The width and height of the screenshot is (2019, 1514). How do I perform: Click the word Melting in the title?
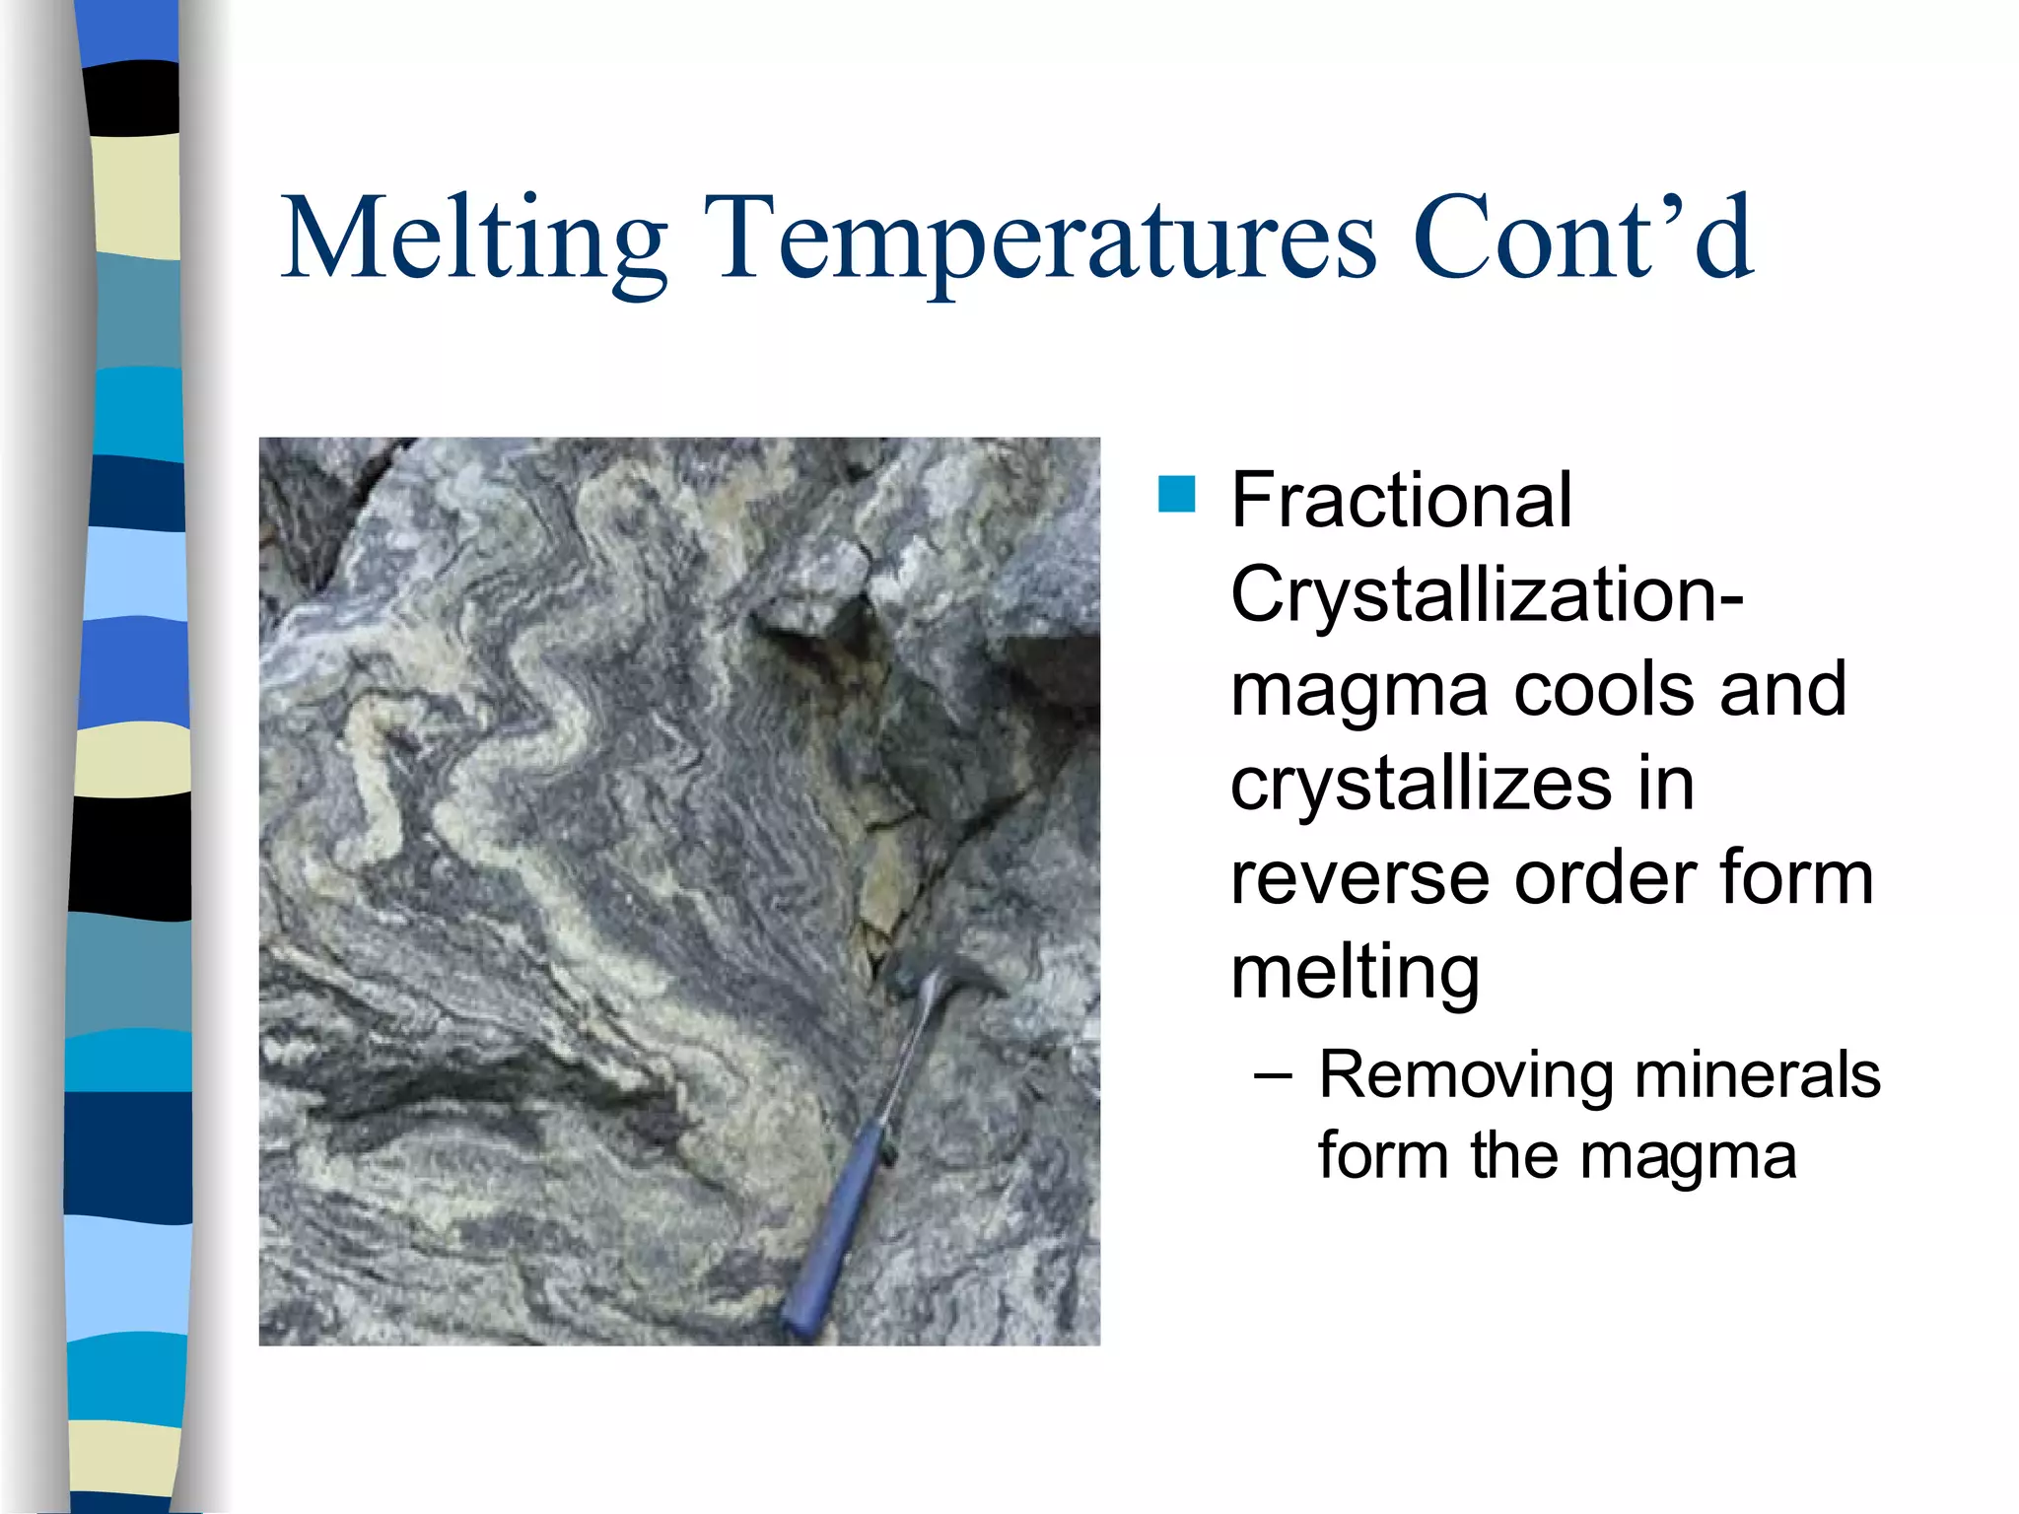(474, 240)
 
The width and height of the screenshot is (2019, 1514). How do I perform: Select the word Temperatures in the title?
(1039, 240)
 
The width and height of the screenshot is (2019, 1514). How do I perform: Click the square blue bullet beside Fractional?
(1176, 495)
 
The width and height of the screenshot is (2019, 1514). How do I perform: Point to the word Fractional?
(1401, 500)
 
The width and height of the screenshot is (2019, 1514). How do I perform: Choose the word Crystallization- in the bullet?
(1487, 595)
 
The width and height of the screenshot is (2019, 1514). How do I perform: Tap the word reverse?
(1361, 878)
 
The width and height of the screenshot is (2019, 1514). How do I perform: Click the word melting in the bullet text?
(1356, 973)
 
